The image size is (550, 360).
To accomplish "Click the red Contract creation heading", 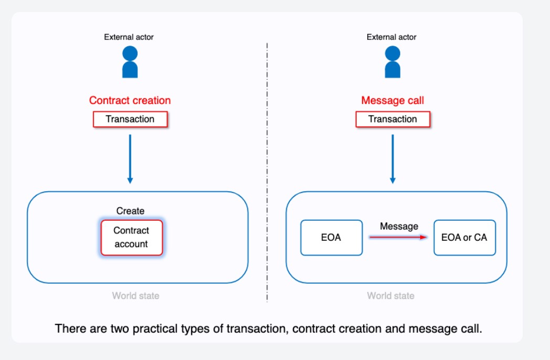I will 130,100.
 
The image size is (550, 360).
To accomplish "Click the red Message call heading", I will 392,100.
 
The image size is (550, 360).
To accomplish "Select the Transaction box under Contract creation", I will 130,119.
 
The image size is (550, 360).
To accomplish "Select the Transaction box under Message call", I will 393,119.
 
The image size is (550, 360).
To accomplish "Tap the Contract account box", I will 131,238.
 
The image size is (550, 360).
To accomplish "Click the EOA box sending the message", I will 331,238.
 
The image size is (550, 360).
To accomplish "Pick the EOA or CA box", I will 464,238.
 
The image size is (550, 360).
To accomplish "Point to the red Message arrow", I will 398,238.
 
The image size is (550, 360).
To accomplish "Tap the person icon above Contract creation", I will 130,61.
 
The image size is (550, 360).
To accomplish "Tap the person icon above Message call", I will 392,61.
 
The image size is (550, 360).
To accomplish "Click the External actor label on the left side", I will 129,37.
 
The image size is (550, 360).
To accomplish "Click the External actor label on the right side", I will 391,37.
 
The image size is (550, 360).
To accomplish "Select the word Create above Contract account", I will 130,211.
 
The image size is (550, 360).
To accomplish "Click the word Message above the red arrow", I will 399,226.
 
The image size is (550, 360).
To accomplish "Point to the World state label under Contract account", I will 136,296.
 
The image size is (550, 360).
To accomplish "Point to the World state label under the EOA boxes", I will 391,296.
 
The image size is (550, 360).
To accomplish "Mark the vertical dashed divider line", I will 267,173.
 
